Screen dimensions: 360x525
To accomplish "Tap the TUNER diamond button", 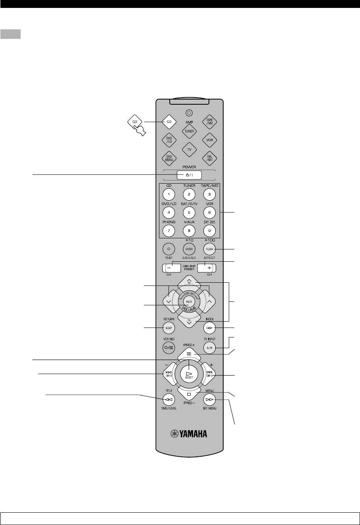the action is (189, 131).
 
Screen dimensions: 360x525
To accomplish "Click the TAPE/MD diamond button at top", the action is (209, 122).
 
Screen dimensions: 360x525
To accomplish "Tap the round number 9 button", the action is (209, 230).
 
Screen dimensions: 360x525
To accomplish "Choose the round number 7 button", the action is (169, 230).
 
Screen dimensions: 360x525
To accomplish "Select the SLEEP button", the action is (169, 328).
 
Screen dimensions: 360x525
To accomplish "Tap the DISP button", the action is (209, 328).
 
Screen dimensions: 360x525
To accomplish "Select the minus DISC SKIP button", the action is (169, 267).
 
